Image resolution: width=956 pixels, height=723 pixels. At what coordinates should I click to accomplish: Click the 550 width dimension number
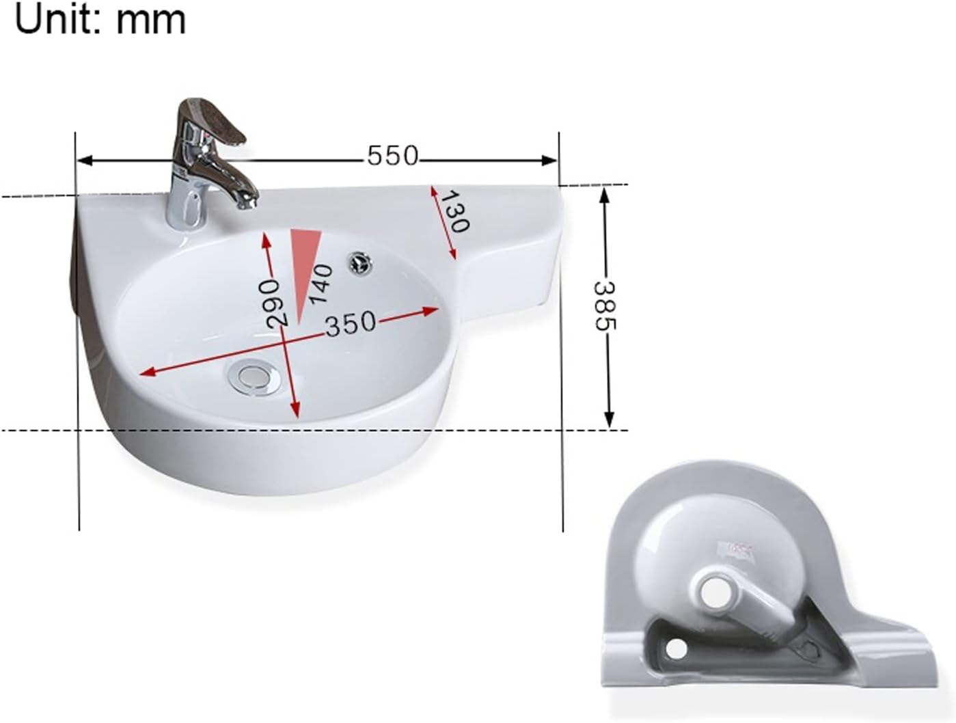coord(392,156)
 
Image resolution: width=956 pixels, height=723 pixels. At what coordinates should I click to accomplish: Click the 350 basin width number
coord(351,323)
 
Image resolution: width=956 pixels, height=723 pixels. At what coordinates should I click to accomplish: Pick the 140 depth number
coord(320,284)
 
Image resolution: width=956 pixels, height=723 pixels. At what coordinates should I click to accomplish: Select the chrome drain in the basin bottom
coord(250,376)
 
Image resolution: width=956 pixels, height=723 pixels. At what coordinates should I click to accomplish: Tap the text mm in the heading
coord(150,21)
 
